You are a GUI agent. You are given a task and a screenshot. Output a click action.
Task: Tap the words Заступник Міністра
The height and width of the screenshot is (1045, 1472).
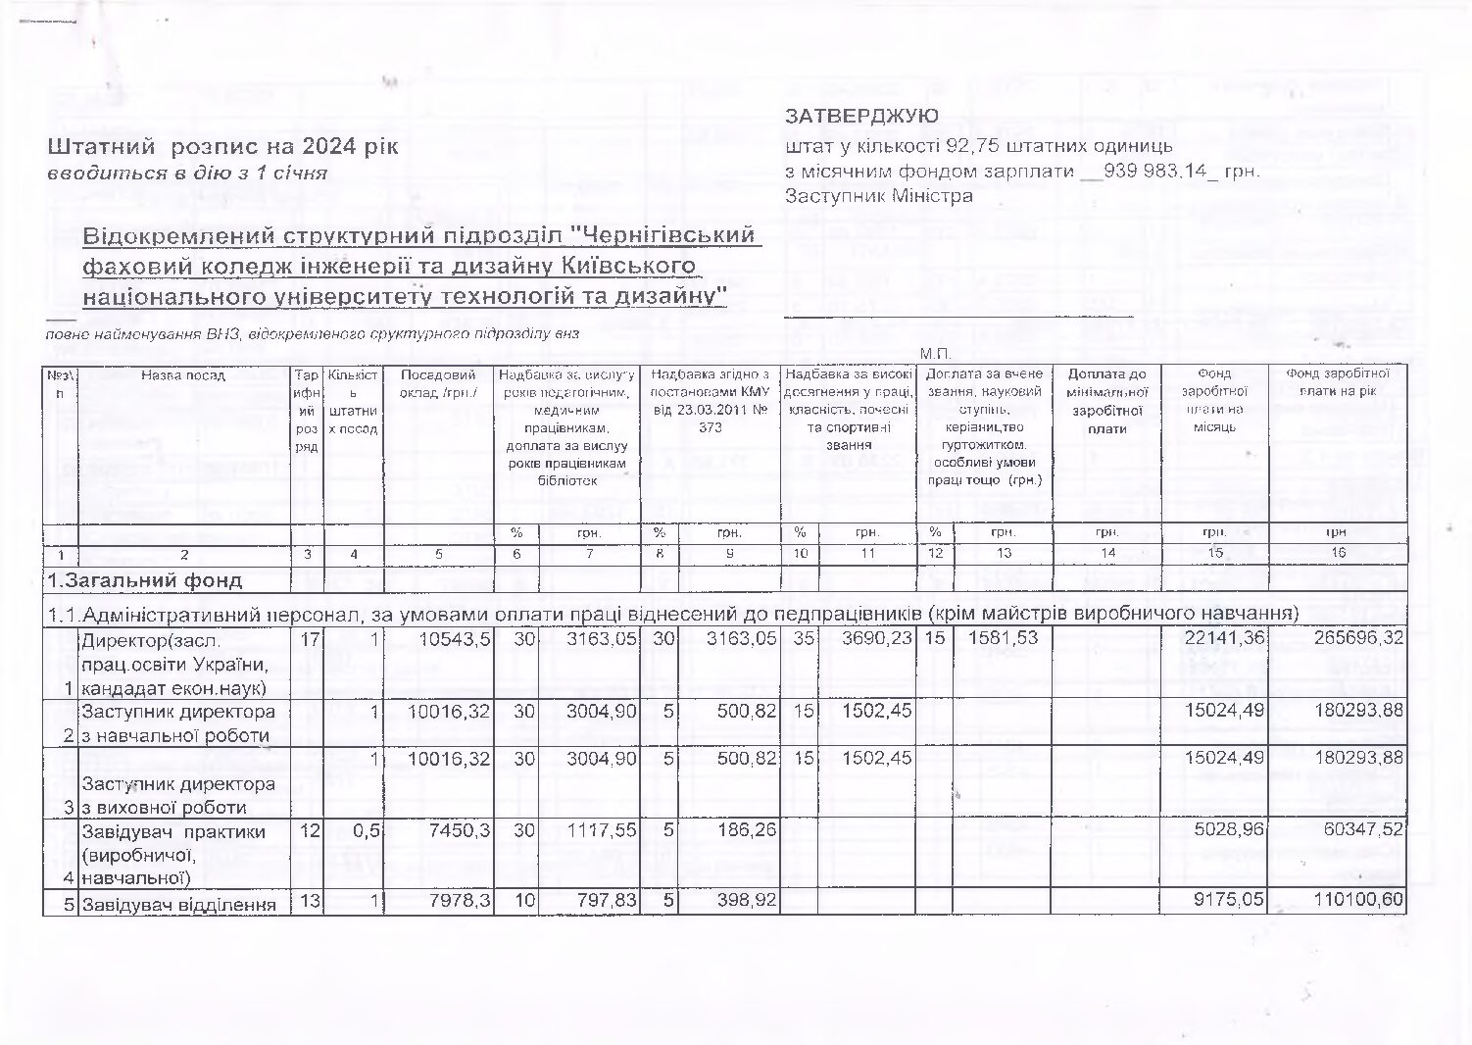coord(879,195)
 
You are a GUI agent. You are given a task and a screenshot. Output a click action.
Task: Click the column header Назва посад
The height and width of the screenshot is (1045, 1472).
coord(183,374)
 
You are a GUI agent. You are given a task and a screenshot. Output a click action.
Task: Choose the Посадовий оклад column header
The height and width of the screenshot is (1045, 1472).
coord(438,383)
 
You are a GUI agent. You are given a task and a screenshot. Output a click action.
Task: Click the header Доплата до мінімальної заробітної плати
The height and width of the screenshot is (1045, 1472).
coord(1106,401)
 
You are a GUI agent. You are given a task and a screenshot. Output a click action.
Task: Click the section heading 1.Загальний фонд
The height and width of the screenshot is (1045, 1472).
coord(145,580)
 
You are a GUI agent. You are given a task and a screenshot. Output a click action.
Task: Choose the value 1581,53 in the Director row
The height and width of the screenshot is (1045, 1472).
coord(1003,638)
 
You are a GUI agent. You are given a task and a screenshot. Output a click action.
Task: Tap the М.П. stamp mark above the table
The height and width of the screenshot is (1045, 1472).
coord(935,354)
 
